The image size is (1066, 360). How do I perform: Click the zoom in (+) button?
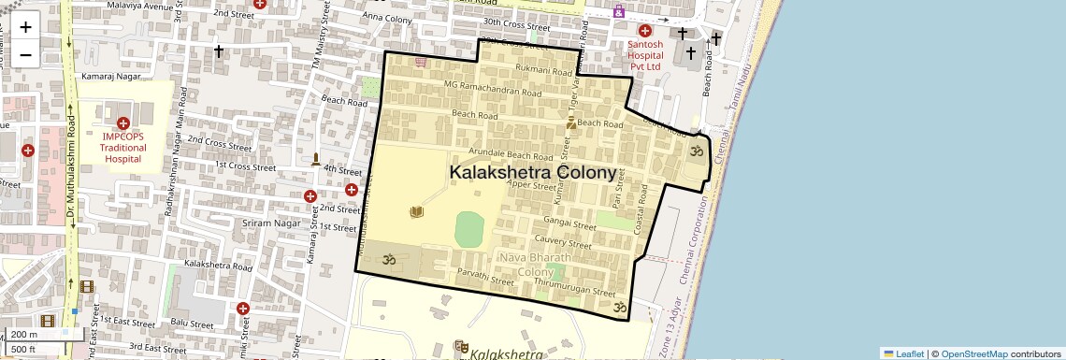click(x=25, y=27)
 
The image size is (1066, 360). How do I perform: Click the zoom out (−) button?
click(x=25, y=53)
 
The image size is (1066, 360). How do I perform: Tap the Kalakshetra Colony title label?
click(x=533, y=173)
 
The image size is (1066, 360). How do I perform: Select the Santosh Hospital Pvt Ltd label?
click(x=645, y=55)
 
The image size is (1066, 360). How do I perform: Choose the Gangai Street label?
click(x=569, y=224)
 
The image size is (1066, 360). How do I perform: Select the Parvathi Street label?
click(x=485, y=277)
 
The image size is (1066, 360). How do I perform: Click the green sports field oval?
click(x=469, y=228)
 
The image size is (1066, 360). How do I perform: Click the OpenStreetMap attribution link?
click(x=974, y=353)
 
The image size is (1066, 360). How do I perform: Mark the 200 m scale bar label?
click(x=25, y=335)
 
